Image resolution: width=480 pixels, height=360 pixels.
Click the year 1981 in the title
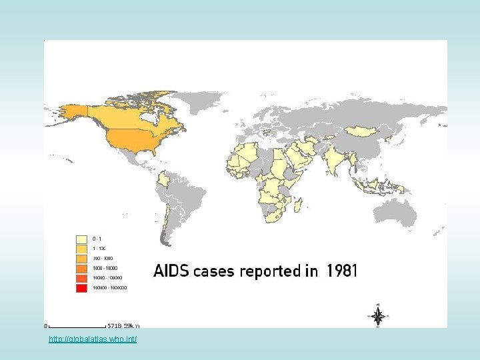(x=342, y=271)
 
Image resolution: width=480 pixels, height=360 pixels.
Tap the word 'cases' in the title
(x=212, y=272)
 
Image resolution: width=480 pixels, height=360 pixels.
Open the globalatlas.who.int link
(x=93, y=340)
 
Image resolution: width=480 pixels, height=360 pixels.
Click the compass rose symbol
(x=377, y=316)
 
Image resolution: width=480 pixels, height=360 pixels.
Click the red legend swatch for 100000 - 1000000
(x=82, y=288)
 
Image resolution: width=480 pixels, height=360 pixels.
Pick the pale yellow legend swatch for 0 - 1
(x=82, y=238)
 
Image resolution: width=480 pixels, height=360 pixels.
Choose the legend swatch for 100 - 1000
(x=82, y=258)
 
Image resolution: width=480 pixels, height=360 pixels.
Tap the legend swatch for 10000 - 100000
(x=82, y=278)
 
